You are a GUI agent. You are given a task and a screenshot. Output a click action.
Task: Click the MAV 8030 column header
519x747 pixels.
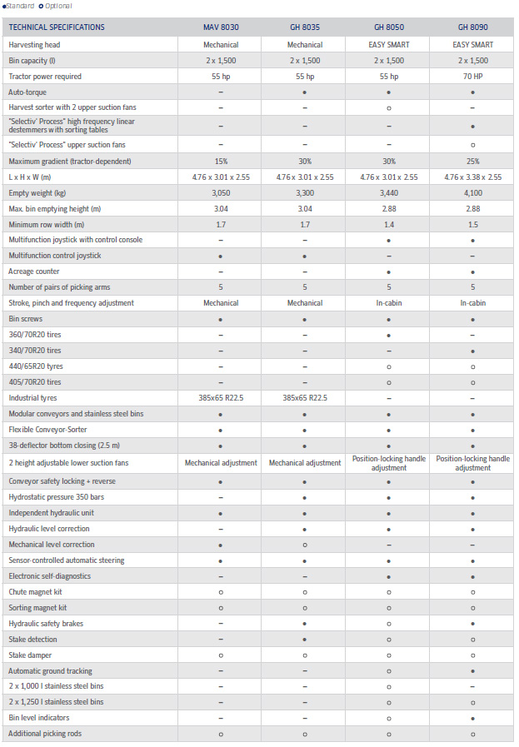221,27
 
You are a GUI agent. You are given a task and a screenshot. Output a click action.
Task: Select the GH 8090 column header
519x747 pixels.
472,27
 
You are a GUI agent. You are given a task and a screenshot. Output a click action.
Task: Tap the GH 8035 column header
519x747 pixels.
305,27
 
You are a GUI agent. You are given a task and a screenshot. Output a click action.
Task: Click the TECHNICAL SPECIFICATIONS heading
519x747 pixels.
57,27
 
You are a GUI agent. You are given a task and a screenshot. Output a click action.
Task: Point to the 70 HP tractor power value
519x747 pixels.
472,76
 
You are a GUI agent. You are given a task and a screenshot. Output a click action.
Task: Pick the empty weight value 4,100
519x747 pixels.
472,192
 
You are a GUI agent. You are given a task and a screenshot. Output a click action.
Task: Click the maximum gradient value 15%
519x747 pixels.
221,161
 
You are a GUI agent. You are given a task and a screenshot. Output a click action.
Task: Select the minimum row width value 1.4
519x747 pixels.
388,224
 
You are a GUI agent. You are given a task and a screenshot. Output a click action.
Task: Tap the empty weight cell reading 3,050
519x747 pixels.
221,192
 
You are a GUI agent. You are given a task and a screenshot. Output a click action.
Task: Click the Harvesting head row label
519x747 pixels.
46,44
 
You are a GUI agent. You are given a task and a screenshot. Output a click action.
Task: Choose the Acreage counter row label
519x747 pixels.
34,271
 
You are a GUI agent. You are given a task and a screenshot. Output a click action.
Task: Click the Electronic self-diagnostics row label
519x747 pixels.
50,576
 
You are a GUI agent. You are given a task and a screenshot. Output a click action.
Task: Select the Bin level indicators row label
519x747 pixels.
39,718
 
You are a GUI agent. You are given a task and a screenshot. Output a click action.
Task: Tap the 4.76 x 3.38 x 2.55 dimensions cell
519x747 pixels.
472,177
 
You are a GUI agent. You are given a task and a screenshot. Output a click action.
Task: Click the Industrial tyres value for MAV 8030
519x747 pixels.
221,398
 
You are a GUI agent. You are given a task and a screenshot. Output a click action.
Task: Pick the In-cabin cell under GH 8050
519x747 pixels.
388,303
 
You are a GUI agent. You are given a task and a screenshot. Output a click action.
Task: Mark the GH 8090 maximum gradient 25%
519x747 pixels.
472,161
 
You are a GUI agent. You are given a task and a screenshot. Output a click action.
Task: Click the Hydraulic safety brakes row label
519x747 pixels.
46,624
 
